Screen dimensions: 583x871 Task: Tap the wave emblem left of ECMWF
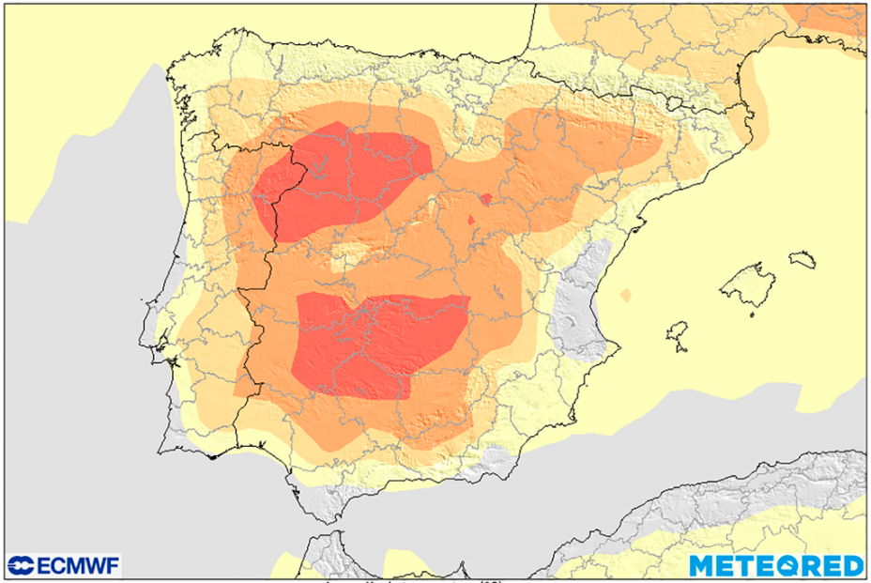click(x=21, y=565)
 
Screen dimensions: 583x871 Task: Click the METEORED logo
click(x=776, y=565)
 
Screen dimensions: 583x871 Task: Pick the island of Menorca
click(x=802, y=258)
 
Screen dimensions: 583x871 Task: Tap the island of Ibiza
click(x=678, y=333)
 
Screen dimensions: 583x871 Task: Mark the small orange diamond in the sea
click(x=626, y=296)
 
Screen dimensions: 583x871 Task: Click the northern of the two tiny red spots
click(x=485, y=198)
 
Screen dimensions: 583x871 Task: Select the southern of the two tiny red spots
click(x=471, y=221)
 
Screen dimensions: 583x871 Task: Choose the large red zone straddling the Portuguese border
click(x=338, y=178)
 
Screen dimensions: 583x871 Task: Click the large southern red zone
click(x=375, y=343)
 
